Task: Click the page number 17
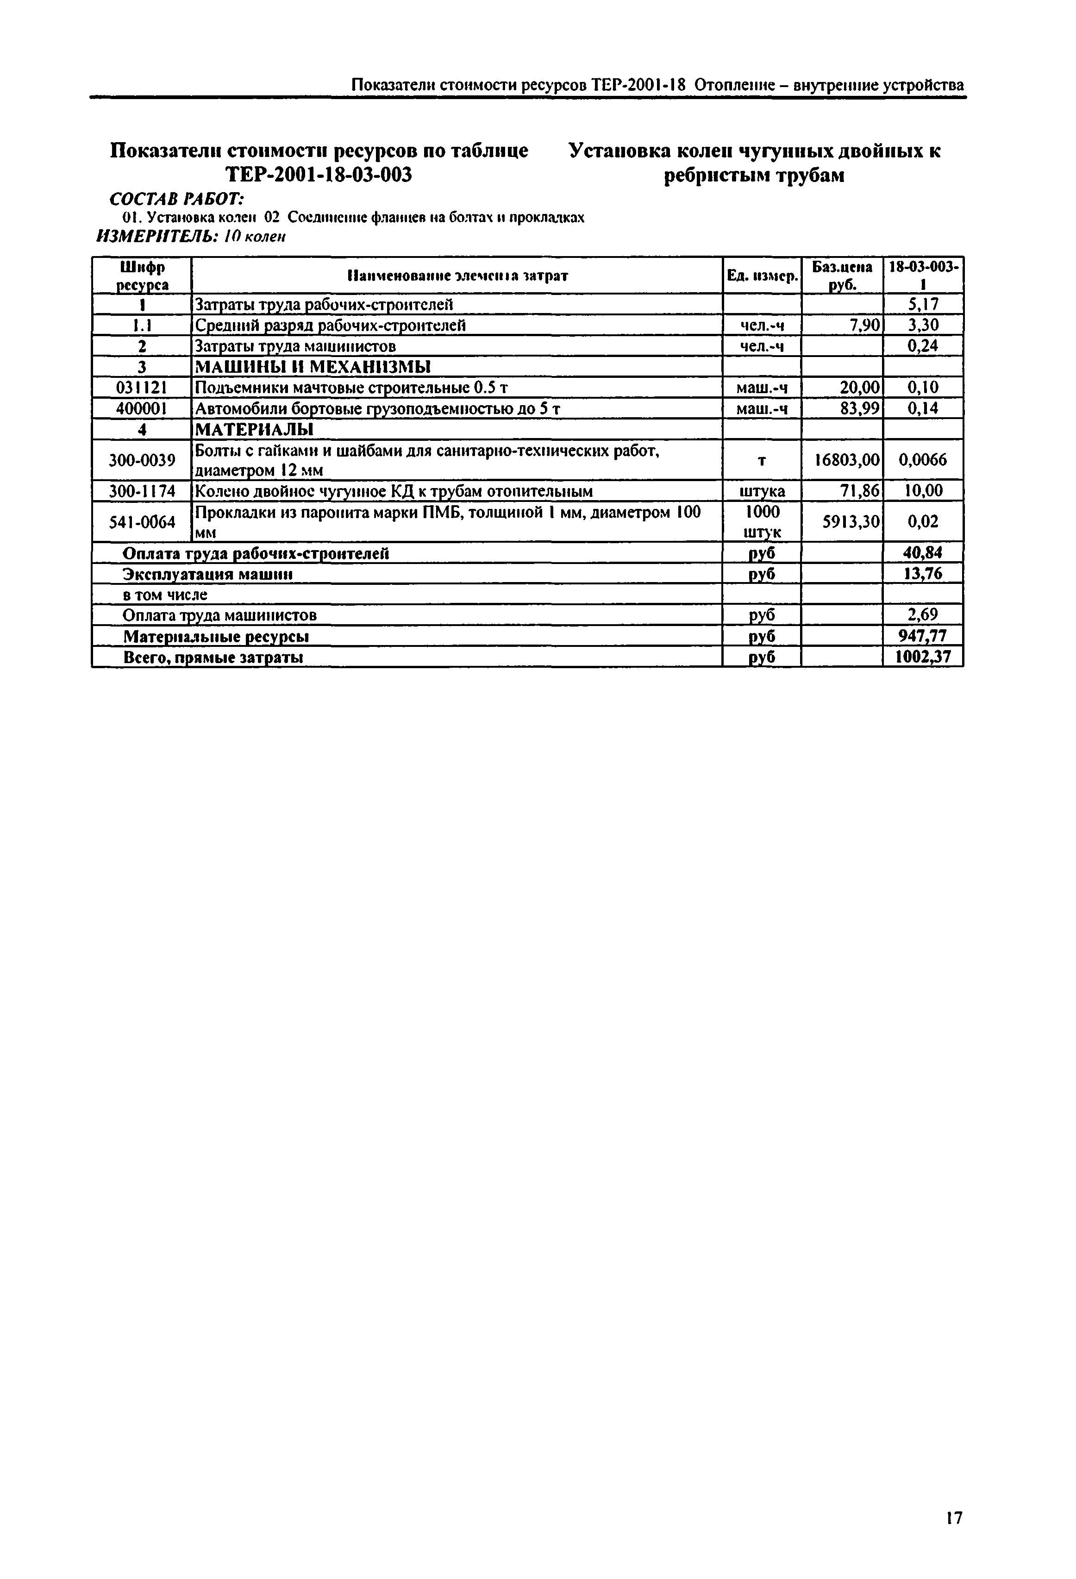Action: [x=954, y=1517]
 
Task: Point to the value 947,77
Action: [x=922, y=636]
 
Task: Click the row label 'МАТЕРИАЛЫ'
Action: [x=254, y=429]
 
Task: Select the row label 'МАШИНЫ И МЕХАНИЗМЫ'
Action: [x=313, y=367]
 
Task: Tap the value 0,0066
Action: [x=922, y=460]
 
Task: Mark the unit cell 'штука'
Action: [x=762, y=490]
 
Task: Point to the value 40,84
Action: [x=922, y=552]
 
